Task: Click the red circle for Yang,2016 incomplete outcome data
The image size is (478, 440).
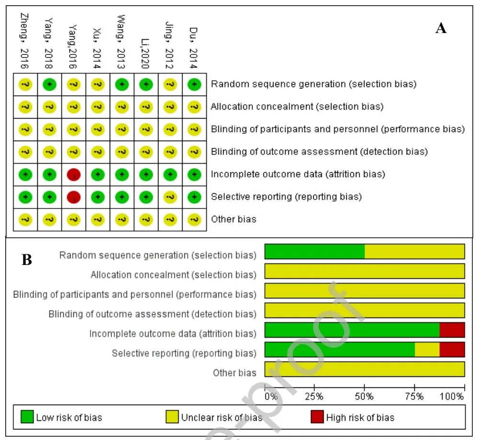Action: point(74,174)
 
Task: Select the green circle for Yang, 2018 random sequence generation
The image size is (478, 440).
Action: point(50,84)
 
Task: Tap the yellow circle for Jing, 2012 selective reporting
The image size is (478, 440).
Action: point(170,197)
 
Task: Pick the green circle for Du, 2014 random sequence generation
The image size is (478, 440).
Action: point(194,84)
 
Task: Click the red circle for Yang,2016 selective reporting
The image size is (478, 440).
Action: point(74,197)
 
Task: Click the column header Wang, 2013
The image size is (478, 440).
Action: point(122,42)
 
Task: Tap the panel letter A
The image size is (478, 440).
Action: point(441,29)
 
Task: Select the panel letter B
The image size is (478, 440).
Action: point(27,260)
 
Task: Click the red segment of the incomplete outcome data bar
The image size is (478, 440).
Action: point(452,330)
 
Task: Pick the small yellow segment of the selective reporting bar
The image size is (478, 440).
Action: point(427,350)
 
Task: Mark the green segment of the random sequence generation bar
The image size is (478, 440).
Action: point(315,252)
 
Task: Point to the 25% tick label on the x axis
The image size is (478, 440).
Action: point(314,396)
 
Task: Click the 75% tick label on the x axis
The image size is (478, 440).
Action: point(414,396)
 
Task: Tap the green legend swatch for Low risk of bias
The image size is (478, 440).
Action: point(27,417)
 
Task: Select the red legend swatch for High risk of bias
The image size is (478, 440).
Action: point(317,417)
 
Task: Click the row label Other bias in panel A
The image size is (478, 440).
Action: point(234,220)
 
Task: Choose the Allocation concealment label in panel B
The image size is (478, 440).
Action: point(173,275)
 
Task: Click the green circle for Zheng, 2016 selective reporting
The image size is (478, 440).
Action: point(26,197)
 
